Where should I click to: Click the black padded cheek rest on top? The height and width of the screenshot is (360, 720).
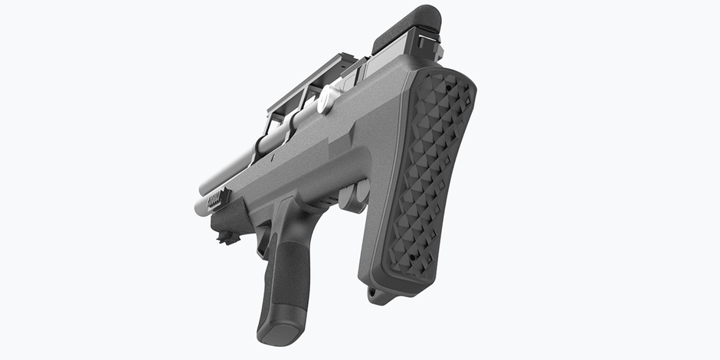[x=406, y=29]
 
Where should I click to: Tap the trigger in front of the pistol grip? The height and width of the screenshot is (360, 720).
[x=263, y=241]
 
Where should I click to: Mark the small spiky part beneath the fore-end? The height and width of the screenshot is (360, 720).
[x=227, y=239]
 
